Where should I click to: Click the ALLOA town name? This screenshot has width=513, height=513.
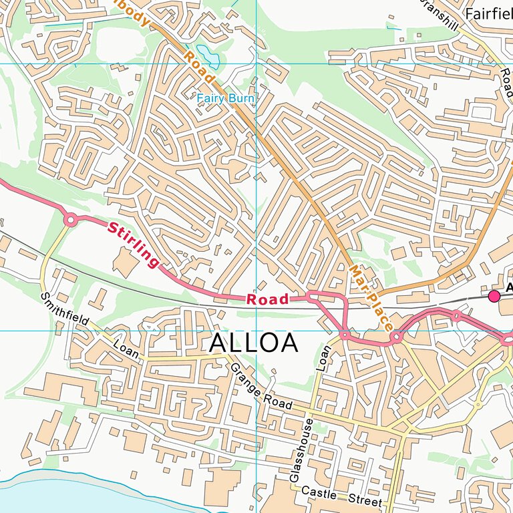[253, 343]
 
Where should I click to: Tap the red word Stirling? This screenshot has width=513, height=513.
[134, 244]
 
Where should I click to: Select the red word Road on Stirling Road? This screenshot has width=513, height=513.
[267, 299]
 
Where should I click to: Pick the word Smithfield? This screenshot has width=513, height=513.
[64, 309]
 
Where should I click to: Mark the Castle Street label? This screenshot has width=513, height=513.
[341, 496]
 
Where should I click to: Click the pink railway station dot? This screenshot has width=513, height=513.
[494, 296]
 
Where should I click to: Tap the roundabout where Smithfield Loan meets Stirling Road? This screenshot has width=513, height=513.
[70, 219]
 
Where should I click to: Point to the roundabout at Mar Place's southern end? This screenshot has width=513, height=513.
[396, 337]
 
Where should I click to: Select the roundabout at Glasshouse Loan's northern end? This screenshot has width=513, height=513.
[345, 334]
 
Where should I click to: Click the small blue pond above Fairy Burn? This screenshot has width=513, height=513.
[204, 52]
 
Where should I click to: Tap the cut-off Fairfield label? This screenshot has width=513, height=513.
[489, 13]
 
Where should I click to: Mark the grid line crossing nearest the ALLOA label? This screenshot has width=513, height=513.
[256, 330]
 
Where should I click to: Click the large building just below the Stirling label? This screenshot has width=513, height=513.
[124, 261]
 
